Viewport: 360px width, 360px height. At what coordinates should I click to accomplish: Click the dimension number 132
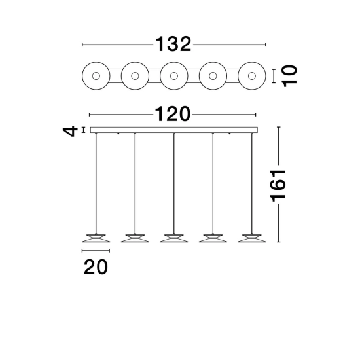[173, 44]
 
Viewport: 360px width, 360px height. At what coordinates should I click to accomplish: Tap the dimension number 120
[173, 114]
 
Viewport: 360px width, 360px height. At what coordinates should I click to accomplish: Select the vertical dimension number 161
[278, 186]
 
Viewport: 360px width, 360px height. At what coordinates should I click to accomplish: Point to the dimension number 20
[96, 267]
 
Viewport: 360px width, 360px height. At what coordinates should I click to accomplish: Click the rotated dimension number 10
[289, 76]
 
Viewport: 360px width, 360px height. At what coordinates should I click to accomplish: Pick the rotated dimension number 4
[70, 131]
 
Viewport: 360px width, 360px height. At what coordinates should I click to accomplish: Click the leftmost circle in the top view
[96, 76]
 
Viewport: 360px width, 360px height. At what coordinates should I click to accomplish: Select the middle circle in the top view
[174, 76]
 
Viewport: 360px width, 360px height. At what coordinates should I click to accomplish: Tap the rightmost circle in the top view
[252, 76]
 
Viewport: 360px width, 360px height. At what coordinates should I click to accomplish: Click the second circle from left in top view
[135, 76]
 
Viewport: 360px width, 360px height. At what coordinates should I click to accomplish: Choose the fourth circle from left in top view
[213, 76]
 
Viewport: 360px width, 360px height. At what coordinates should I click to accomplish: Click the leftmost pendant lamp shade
[96, 238]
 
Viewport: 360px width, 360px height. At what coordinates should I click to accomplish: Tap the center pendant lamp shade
[174, 238]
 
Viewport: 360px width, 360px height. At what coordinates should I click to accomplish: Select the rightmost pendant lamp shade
[252, 238]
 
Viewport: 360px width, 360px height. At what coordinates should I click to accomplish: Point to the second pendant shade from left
[135, 238]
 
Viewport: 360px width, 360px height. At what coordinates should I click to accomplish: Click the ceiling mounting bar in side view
[174, 130]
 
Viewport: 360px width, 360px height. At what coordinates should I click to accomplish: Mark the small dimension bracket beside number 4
[84, 130]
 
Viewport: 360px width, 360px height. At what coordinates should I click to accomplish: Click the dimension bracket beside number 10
[274, 76]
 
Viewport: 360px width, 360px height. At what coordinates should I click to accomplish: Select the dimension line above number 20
[96, 251]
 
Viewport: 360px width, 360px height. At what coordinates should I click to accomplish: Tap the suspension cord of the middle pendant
[174, 183]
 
